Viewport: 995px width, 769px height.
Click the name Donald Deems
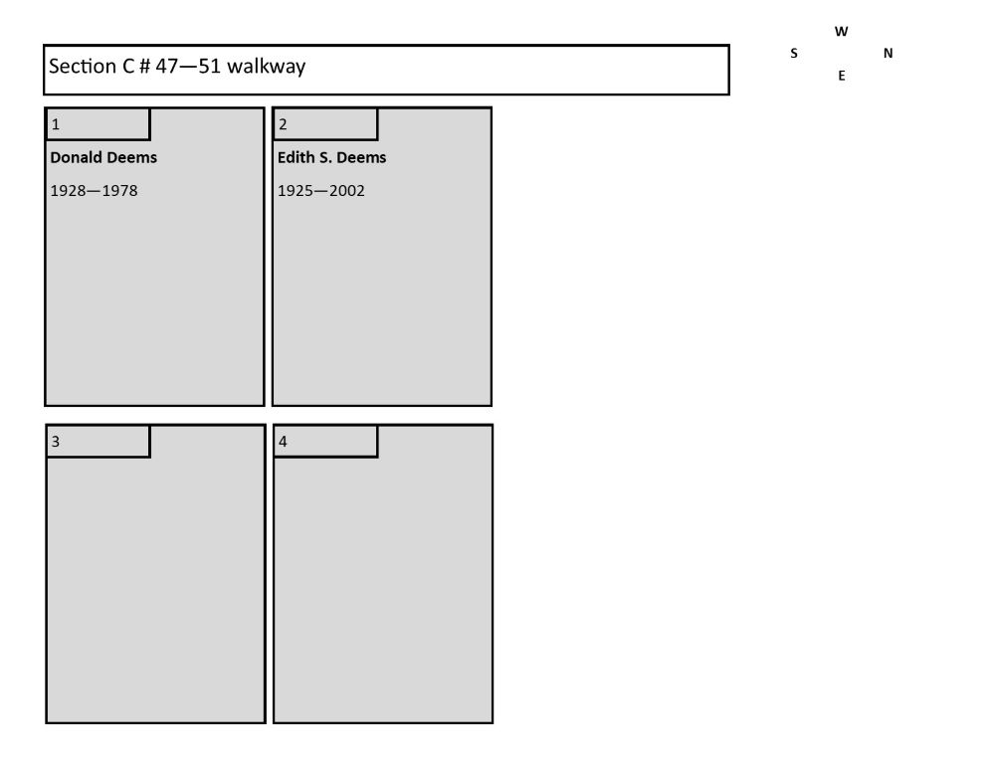coord(103,157)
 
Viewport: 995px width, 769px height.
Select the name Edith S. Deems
coord(332,157)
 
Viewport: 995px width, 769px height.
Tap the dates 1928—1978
coord(94,190)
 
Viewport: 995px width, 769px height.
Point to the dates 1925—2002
coord(321,190)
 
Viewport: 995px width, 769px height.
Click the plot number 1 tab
coord(98,123)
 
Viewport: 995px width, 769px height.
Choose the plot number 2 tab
coord(325,123)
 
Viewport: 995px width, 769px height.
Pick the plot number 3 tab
coord(98,441)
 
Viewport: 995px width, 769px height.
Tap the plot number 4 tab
coord(325,441)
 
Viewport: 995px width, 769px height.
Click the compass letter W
coord(842,31)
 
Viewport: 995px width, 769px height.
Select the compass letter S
coord(794,54)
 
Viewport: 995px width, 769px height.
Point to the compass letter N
coord(889,54)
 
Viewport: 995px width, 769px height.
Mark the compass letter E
coord(842,76)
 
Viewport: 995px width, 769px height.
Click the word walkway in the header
coord(266,66)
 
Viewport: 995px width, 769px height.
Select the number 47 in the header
coord(167,66)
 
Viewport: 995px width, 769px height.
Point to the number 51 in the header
coord(209,66)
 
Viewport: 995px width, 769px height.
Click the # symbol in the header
coord(144,66)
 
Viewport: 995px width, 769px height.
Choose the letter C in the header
coord(127,66)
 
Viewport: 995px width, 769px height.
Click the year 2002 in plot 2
coord(347,190)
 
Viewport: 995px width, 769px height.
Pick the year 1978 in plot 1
coord(120,190)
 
